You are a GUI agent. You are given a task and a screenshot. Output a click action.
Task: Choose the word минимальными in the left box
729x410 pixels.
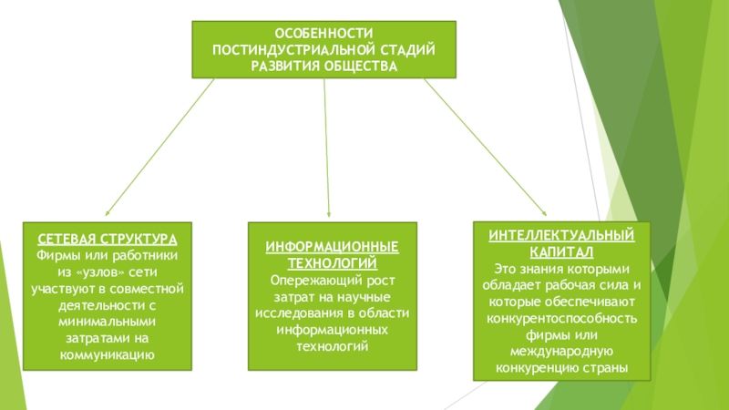[x=108, y=322]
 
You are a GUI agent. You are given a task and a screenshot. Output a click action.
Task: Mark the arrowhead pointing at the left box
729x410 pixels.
[x=108, y=211]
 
